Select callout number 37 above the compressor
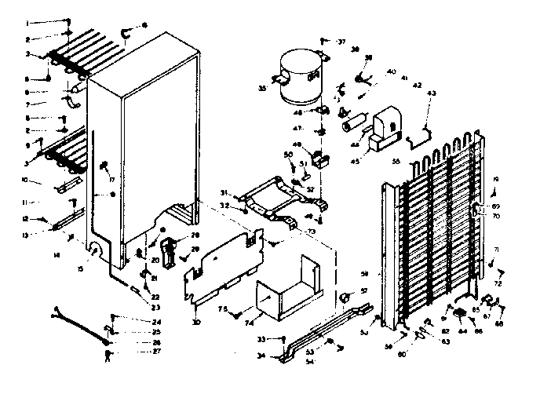coord(341,41)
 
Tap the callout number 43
coord(431,94)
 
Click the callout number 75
coord(221,310)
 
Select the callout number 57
coord(363,290)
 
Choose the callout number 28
coord(195,235)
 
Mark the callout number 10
coord(26,181)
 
